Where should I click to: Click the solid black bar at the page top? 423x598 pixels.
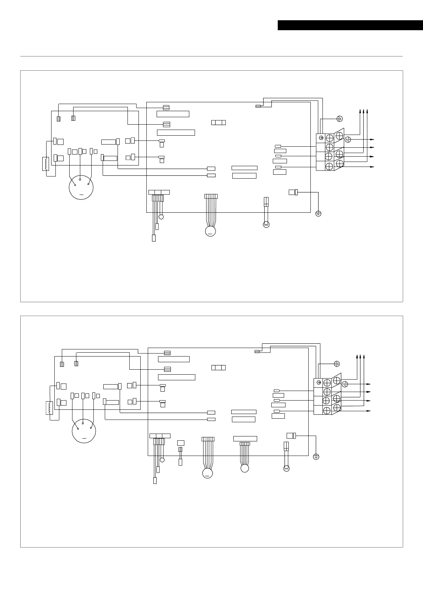(350, 25)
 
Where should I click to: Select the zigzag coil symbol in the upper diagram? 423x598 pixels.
(45, 164)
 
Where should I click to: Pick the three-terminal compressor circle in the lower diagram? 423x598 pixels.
(84, 431)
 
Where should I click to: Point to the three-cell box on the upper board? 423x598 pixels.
(218, 123)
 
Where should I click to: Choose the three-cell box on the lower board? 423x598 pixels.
(218, 368)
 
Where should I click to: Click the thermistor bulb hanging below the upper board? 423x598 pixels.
(266, 224)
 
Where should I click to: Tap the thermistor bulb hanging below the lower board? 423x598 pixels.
(286, 468)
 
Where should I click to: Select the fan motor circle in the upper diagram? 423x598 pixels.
(210, 232)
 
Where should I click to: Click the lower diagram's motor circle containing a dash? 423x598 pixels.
(207, 473)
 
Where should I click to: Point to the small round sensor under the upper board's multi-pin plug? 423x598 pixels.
(161, 217)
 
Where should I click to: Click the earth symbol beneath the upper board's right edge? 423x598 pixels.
(318, 213)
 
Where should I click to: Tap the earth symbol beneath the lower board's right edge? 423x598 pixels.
(316, 457)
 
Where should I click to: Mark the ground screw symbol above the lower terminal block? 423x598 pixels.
(337, 364)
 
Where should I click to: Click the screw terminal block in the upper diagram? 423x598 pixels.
(330, 151)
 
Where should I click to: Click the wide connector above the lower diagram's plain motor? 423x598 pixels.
(245, 439)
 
